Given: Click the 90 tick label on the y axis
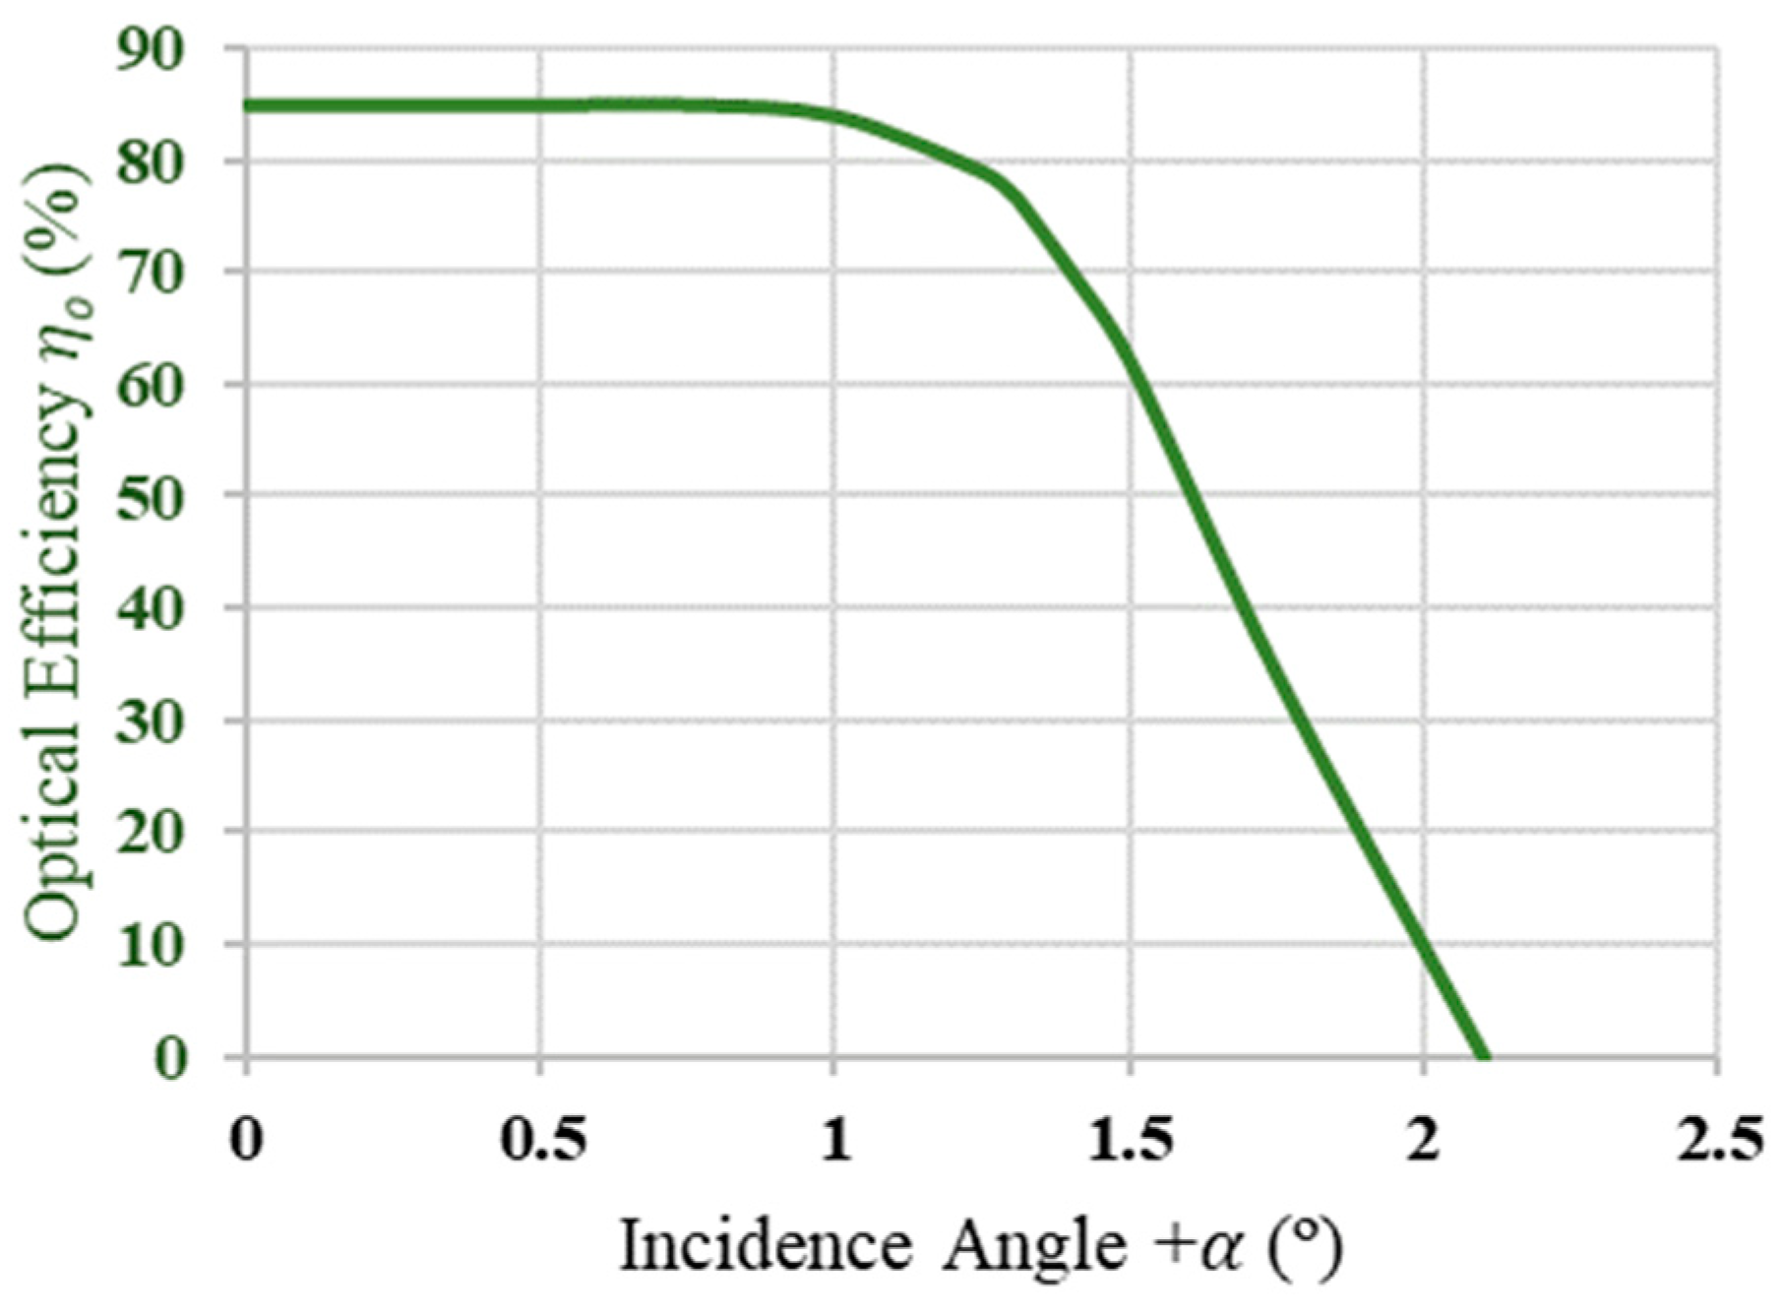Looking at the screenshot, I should pyautogui.click(x=151, y=50).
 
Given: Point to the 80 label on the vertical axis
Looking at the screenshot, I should pyautogui.click(x=151, y=161).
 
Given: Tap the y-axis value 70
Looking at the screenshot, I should pyautogui.click(x=151, y=273).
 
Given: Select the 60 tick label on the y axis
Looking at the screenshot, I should pyautogui.click(x=151, y=385).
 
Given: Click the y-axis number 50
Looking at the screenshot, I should pyautogui.click(x=151, y=497).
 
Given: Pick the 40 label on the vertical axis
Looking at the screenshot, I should pyautogui.click(x=151, y=609).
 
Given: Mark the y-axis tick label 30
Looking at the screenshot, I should pyautogui.click(x=151, y=721).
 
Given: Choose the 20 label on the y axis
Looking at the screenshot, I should pyautogui.click(x=151, y=833).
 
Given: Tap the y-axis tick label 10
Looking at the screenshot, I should pyautogui.click(x=151, y=945).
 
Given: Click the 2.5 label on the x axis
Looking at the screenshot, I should pyautogui.click(x=1718, y=1141).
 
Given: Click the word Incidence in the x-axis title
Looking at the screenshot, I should pyautogui.click(x=766, y=1246).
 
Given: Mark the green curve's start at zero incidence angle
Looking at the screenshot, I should pyautogui.click(x=247, y=106).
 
